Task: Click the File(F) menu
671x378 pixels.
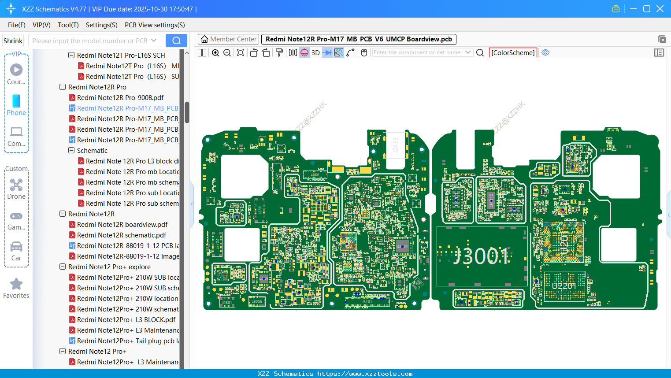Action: click(17, 25)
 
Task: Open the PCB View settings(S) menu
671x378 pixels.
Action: click(155, 25)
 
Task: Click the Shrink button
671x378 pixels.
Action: click(13, 41)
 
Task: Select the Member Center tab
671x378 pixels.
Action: click(228, 39)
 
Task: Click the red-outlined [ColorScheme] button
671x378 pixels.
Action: click(513, 53)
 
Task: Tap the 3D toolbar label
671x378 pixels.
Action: click(315, 53)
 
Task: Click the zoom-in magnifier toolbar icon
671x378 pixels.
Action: click(215, 53)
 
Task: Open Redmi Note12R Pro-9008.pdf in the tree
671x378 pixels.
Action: click(120, 98)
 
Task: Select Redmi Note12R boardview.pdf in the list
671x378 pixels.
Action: click(122, 225)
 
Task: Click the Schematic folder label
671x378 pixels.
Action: click(92, 151)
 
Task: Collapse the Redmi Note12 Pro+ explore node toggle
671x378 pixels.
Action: click(63, 267)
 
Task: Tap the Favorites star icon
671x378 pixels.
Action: click(16, 284)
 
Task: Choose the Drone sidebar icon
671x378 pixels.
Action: click(16, 185)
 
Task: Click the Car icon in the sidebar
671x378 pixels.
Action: click(16, 247)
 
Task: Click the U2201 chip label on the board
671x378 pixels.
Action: click(564, 286)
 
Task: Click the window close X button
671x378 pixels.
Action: click(660, 9)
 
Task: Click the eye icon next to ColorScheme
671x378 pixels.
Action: click(545, 53)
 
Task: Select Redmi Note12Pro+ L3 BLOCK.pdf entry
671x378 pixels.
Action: click(126, 320)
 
